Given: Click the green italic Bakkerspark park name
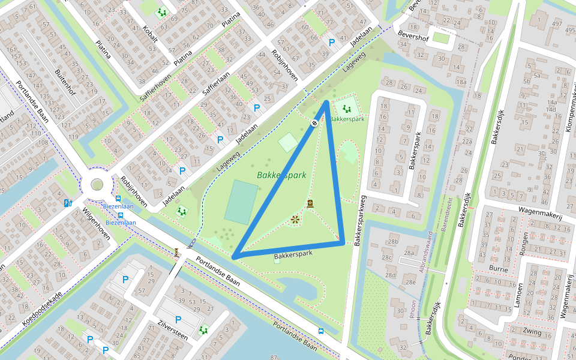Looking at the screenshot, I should pyautogui.click(x=281, y=176).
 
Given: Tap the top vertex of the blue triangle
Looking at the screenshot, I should pyautogui.click(x=326, y=101).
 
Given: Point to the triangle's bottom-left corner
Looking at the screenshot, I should pyautogui.click(x=233, y=257).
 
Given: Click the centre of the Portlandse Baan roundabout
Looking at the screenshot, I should pyautogui.click(x=97, y=185).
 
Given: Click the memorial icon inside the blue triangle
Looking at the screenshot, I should pyautogui.click(x=310, y=203).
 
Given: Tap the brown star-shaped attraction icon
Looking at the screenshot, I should pyautogui.click(x=295, y=220).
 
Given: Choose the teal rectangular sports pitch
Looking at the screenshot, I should pyautogui.click(x=241, y=202).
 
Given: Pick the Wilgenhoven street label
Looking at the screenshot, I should pyautogui.click(x=96, y=224).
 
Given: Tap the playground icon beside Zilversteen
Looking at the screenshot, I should pyautogui.click(x=203, y=329).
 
